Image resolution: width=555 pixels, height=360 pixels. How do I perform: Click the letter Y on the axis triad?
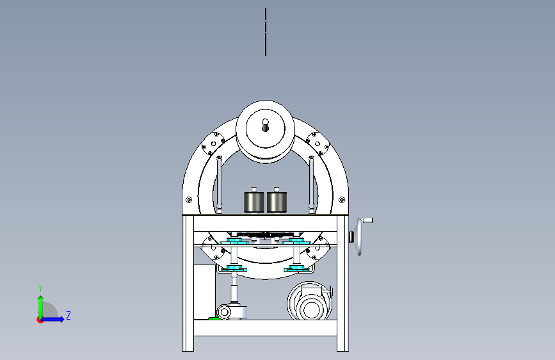coord(40,288)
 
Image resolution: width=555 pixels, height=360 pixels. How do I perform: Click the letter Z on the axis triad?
coord(68,315)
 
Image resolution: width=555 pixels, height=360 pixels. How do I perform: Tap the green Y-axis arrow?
coord(41,307)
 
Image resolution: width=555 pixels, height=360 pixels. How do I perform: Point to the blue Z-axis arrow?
coord(52,319)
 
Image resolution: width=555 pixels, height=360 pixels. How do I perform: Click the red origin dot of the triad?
coord(40,320)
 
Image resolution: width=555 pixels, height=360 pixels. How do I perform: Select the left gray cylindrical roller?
coord(253,202)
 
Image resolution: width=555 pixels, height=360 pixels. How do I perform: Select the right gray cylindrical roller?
coord(277,202)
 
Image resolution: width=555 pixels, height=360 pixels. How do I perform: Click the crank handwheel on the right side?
coord(360,236)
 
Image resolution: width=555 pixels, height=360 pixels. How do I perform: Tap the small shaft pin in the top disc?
coord(266,125)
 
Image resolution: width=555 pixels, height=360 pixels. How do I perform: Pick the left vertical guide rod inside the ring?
coord(219,184)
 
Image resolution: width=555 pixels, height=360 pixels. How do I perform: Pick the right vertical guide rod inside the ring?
coord(312,184)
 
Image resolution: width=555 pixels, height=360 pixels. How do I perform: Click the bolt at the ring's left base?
coord(189,200)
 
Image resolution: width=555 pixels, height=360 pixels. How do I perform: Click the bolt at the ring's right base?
coord(342,200)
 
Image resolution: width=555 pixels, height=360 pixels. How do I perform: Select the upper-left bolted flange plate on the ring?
coord(213,143)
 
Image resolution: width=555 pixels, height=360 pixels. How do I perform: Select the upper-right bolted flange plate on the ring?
coord(318,143)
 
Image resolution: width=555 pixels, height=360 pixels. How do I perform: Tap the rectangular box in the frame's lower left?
coord(205,291)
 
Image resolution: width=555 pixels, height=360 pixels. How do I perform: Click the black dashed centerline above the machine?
coord(266,32)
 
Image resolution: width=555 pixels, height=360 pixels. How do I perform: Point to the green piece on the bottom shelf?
coord(214,318)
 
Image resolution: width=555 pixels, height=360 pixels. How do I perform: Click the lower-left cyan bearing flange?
coord(234,268)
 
